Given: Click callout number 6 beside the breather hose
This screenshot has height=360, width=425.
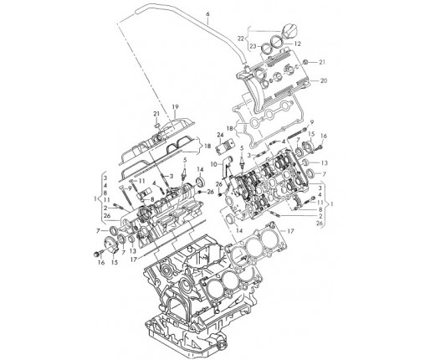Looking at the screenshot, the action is pos(207,14).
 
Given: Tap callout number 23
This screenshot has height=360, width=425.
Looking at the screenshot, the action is pos(253,47).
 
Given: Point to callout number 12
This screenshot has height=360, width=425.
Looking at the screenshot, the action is pos(298,44).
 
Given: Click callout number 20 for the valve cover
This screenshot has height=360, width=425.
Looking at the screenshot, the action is pos(324,81).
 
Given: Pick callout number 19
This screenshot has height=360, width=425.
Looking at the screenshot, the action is pos(175,107).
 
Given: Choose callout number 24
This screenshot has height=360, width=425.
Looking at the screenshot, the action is pos(221,136).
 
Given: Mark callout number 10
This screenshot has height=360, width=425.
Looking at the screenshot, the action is pos(213,164).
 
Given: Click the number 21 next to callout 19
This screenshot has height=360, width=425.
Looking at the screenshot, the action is pos(156,114).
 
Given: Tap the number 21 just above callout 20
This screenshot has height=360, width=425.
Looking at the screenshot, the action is pos(322,62).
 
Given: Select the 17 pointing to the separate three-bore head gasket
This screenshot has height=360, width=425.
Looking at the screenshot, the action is pos(290,231).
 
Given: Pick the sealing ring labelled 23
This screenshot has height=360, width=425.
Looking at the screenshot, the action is pos(267,49).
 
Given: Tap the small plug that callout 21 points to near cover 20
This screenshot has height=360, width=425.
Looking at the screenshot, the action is pos(305,62).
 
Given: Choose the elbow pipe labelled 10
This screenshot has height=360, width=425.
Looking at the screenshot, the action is pos(227,167).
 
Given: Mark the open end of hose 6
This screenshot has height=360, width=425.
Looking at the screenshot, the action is pos(138,12).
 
